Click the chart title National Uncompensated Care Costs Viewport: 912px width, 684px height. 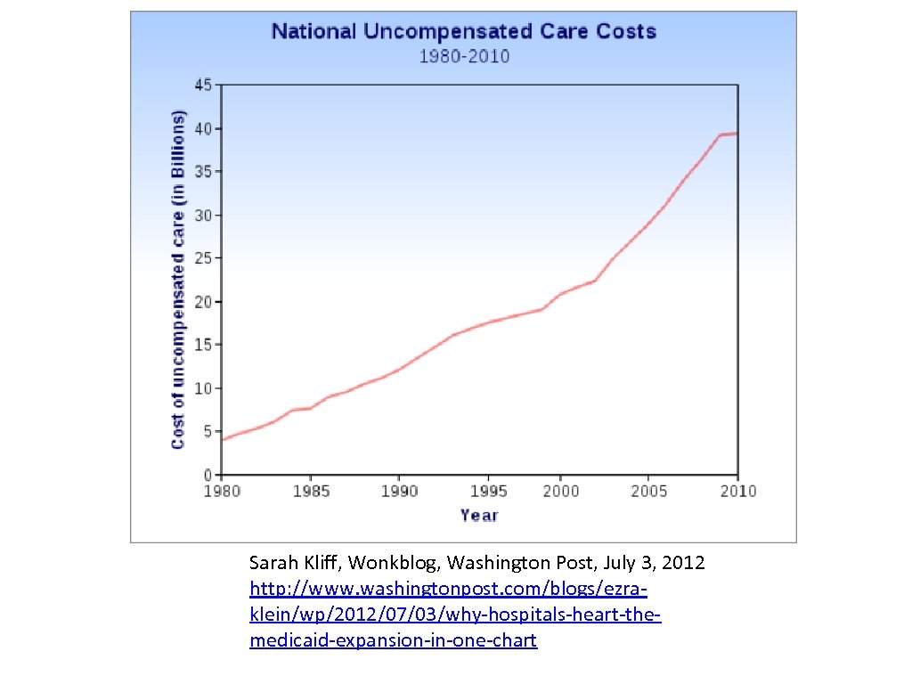pyautogui.click(x=463, y=32)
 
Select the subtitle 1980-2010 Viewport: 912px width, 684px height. pyautogui.click(x=464, y=57)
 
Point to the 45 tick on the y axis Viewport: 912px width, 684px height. pyautogui.click(x=203, y=85)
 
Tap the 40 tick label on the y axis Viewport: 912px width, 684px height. pyautogui.click(x=203, y=129)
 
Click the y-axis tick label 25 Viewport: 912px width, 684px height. pyautogui.click(x=203, y=259)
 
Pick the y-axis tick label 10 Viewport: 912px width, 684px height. pyautogui.click(x=203, y=388)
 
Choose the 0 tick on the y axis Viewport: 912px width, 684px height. pyautogui.click(x=207, y=475)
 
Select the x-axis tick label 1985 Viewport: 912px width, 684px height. pyautogui.click(x=309, y=492)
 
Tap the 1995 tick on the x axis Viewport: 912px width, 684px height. pyautogui.click(x=488, y=492)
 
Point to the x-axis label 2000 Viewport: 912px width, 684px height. pyautogui.click(x=559, y=492)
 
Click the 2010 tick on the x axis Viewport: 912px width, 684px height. pyautogui.click(x=737, y=492)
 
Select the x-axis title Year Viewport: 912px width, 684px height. pyautogui.click(x=479, y=516)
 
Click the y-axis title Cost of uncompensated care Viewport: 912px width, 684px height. pyautogui.click(x=178, y=281)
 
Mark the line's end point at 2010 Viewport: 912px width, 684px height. pyautogui.click(x=737, y=134)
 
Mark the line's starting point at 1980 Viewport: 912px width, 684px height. pyautogui.click(x=222, y=439)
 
